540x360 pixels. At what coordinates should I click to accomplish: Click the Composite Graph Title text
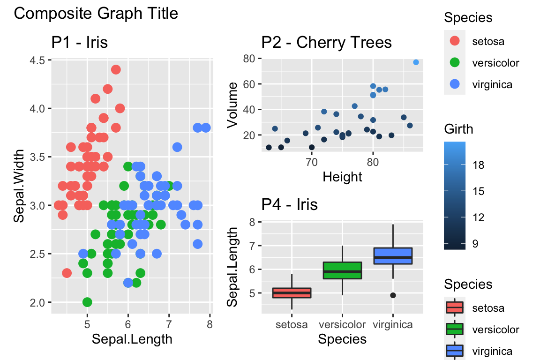[x=96, y=14]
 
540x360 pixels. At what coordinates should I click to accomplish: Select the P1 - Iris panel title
[x=80, y=43]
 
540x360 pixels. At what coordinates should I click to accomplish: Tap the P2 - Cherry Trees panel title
[x=327, y=43]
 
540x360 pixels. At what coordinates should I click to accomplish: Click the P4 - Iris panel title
[x=290, y=204]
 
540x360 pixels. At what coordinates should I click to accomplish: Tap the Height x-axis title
[x=342, y=176]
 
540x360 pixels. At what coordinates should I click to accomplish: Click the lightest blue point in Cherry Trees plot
[x=416, y=62]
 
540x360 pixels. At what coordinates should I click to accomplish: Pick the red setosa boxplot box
[x=292, y=293]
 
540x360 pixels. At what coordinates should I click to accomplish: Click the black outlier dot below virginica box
[x=393, y=295]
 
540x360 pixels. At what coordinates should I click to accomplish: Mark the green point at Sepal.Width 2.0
[x=87, y=302]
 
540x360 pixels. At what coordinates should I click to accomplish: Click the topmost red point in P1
[x=116, y=69]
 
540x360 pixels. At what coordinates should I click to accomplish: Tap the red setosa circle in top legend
[x=455, y=41]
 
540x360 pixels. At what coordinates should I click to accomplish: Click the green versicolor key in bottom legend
[x=455, y=329]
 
